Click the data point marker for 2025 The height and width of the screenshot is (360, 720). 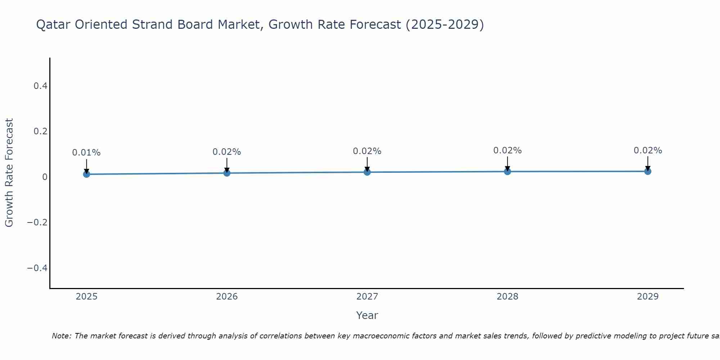(86, 174)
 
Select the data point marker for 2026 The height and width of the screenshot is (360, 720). (227, 173)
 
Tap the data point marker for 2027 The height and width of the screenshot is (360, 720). (367, 172)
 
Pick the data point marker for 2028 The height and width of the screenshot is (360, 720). (507, 171)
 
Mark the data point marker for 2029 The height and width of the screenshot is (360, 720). (648, 171)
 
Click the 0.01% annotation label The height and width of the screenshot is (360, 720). (86, 153)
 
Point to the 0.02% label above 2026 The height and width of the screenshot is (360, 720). (227, 152)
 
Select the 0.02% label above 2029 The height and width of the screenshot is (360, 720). (648, 150)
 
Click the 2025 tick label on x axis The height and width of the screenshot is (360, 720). (86, 297)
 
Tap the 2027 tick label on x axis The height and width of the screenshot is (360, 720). (367, 297)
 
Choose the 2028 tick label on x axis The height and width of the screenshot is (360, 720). (507, 297)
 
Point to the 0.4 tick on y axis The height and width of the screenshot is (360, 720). (40, 86)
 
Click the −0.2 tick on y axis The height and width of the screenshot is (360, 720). (37, 222)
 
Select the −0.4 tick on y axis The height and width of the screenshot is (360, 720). (37, 268)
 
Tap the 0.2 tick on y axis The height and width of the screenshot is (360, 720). (40, 131)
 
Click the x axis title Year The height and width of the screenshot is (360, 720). (367, 315)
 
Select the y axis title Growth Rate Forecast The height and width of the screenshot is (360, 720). (9, 173)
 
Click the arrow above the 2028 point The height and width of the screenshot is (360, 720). (507, 163)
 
